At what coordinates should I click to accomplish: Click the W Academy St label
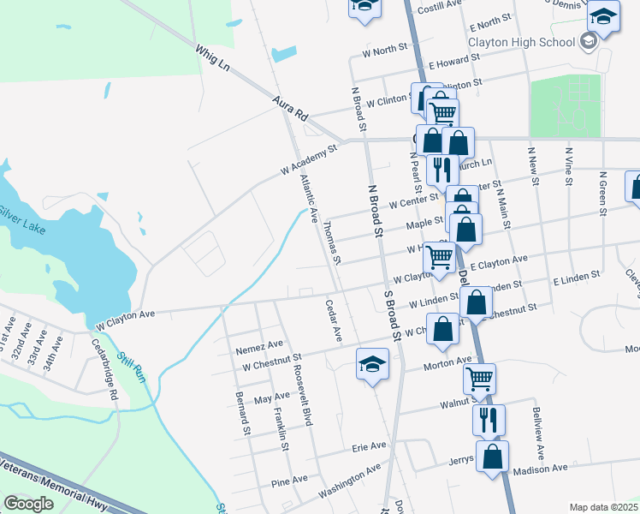coord(309,159)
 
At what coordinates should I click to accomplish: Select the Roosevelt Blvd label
coord(300,380)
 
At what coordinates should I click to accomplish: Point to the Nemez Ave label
coord(260,344)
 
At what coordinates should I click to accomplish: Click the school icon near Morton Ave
coord(372,367)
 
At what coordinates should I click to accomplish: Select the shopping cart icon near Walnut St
coord(479,378)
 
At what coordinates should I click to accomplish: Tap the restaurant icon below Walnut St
coord(489,419)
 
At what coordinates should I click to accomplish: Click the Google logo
coord(29,504)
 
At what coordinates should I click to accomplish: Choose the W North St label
coord(390,51)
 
